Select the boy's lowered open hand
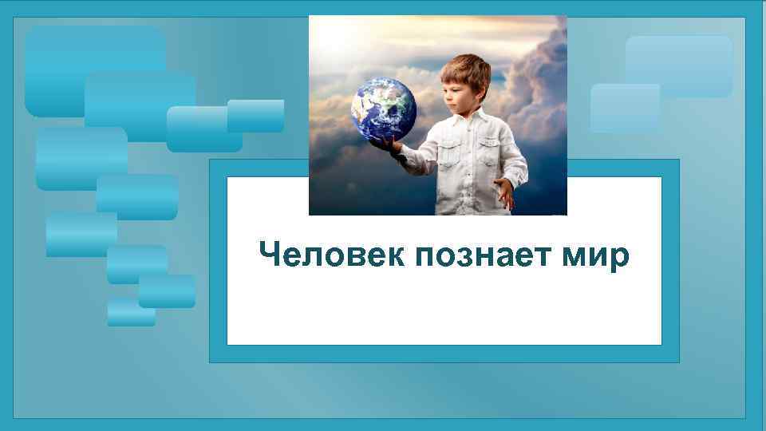tap(503, 192)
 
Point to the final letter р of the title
tap(620, 259)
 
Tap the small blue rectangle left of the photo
tap(255, 116)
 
